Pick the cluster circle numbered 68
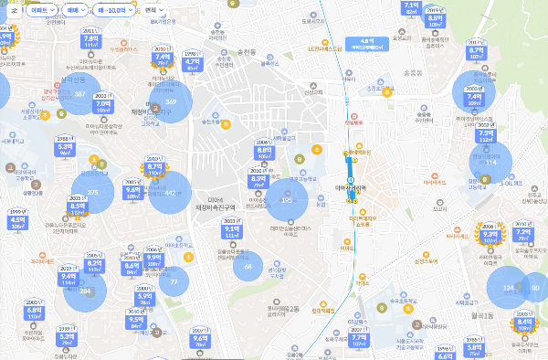tap(248, 267)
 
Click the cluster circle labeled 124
tap(508, 290)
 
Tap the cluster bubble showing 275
tap(92, 192)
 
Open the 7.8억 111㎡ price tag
tap(90, 41)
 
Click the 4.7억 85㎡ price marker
tap(192, 63)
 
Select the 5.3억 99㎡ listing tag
tap(65, 149)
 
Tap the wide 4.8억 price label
tap(368, 43)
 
